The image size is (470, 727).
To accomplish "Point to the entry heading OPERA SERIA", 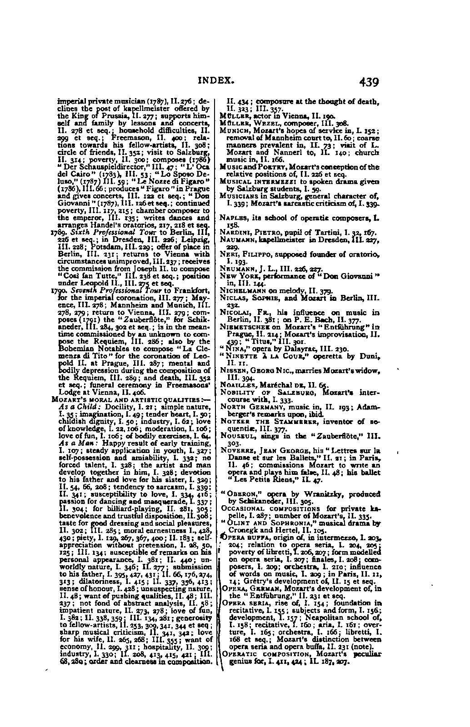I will [240, 603].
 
